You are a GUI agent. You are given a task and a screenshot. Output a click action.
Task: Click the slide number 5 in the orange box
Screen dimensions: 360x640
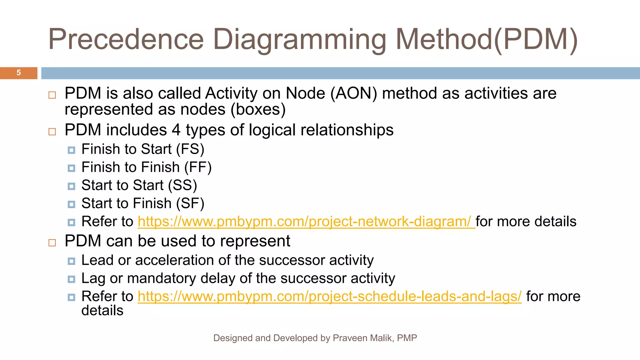[x=19, y=73]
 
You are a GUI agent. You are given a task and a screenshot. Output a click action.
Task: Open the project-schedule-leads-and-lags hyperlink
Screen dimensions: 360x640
[x=329, y=297]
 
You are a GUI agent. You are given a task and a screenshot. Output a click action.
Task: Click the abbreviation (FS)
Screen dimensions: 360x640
[x=190, y=149]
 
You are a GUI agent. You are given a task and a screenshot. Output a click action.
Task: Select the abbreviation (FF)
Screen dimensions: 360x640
[x=198, y=167]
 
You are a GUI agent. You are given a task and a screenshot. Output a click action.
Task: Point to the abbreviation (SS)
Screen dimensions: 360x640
[x=182, y=186]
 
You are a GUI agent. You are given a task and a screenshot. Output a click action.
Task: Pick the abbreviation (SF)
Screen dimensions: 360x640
[x=190, y=204]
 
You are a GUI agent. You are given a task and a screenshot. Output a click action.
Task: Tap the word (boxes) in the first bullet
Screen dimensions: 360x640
[x=258, y=110]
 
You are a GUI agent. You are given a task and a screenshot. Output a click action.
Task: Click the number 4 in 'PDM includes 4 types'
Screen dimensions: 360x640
[x=176, y=130]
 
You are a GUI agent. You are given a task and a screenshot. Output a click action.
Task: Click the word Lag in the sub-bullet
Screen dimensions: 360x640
[x=93, y=278]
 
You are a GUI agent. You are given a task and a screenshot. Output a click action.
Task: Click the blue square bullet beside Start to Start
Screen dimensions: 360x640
[x=71, y=186]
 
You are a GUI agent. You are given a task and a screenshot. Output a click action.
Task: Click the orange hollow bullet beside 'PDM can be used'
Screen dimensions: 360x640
[x=52, y=242]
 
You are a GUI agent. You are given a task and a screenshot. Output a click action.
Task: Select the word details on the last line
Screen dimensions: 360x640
[x=102, y=311]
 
